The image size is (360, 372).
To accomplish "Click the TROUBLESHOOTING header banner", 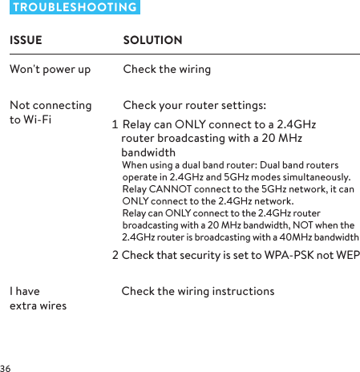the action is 75,7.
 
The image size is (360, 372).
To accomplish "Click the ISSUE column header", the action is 26,40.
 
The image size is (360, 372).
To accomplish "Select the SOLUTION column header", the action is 152,40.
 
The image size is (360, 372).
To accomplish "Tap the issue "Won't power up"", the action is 50,69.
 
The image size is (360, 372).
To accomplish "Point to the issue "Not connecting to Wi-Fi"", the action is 50,113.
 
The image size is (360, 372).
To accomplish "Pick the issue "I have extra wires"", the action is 38,298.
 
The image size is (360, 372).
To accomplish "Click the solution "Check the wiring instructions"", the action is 197,291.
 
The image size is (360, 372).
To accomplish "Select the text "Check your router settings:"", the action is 195,106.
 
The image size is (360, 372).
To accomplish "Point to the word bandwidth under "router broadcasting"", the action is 148,153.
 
